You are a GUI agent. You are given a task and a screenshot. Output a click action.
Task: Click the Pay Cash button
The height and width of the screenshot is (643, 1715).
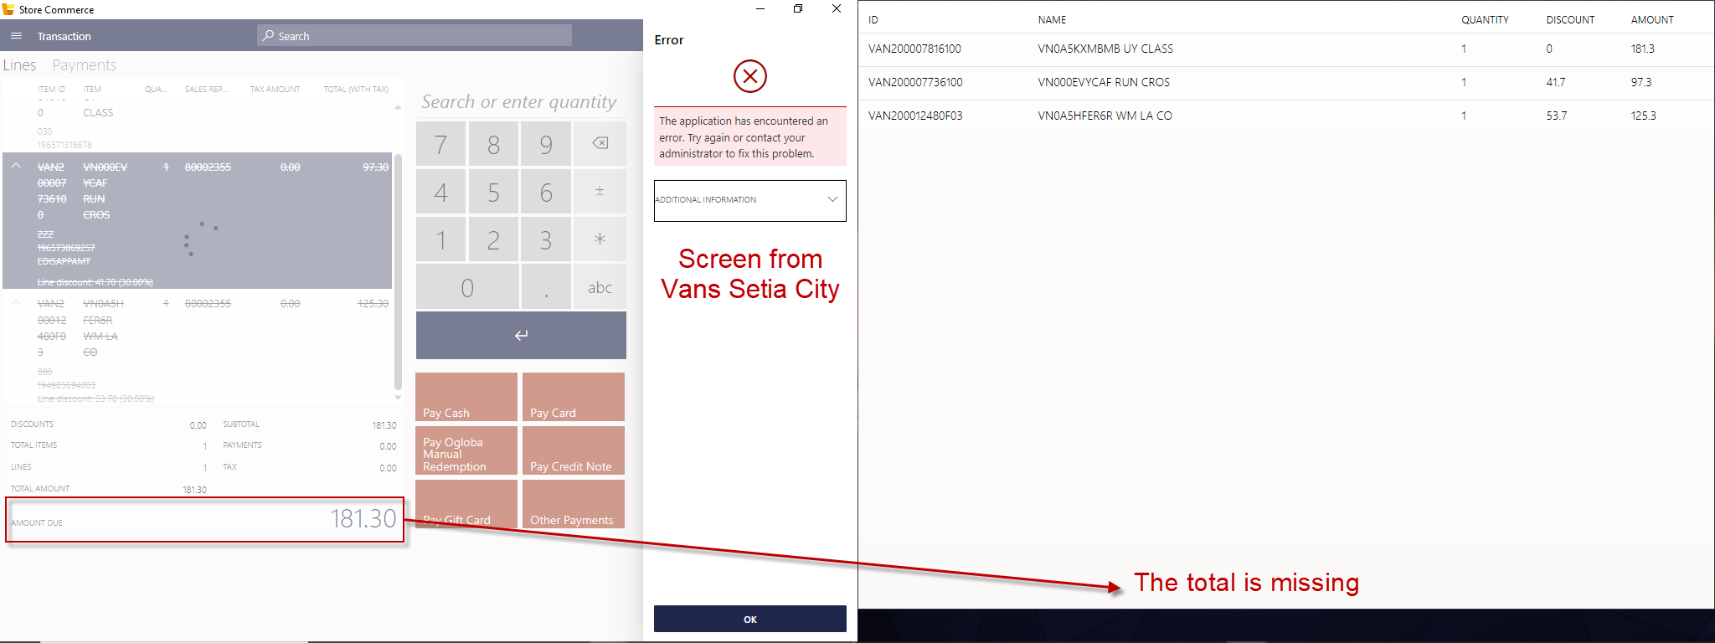click(x=466, y=397)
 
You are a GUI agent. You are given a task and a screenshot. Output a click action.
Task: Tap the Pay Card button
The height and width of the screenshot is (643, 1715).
click(x=574, y=397)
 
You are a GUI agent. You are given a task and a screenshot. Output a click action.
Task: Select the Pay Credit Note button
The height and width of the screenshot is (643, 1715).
click(x=574, y=450)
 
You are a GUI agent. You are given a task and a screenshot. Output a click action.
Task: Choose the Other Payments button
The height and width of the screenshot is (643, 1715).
click(x=574, y=504)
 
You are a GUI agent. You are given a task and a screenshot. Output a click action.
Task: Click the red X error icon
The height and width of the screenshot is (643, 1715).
click(x=750, y=76)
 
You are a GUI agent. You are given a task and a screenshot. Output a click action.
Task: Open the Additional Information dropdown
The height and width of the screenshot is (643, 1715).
click(x=749, y=200)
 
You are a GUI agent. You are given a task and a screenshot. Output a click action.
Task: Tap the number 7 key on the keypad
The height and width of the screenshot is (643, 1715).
click(x=441, y=144)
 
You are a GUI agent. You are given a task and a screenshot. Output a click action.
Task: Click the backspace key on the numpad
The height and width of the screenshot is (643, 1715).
click(x=600, y=143)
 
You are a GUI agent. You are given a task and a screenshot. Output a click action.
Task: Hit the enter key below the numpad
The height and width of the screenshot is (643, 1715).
click(x=521, y=335)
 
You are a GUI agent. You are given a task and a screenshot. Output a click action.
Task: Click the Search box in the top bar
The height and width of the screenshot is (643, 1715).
click(x=415, y=36)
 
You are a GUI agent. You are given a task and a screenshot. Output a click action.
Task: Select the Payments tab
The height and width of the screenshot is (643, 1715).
click(x=85, y=65)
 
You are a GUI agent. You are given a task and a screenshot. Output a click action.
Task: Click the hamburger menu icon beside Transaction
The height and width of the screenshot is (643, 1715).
click(x=16, y=36)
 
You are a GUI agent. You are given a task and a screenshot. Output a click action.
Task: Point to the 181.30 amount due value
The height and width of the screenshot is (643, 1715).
click(x=363, y=519)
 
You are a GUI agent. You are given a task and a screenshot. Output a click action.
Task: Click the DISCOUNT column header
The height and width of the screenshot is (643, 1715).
click(x=1570, y=20)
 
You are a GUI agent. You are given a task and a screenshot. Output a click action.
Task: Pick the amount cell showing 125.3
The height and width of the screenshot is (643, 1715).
click(x=1643, y=116)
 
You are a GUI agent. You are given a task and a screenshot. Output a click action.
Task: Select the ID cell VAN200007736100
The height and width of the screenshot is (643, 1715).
click(x=915, y=82)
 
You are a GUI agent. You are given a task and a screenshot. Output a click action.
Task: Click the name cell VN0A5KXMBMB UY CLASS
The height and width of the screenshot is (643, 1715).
click(x=1105, y=49)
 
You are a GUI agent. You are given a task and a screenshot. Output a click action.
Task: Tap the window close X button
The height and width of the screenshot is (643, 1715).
click(x=837, y=9)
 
